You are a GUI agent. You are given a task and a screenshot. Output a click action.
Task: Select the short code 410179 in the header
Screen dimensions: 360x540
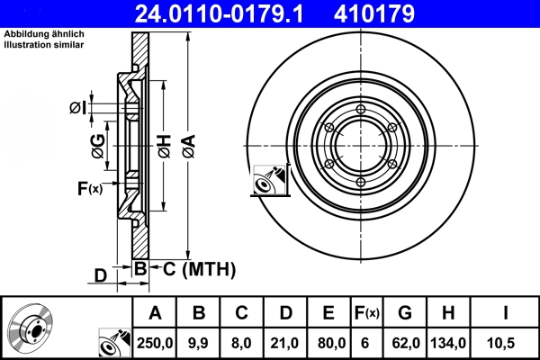tap(401, 13)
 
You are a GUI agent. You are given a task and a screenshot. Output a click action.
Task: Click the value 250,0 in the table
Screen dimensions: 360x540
tap(154, 342)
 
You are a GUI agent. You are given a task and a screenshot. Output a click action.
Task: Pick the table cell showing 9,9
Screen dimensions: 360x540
tap(199, 342)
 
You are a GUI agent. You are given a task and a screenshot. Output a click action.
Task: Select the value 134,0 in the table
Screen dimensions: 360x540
tap(448, 342)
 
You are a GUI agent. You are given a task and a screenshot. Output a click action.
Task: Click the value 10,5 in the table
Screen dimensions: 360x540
tap(505, 342)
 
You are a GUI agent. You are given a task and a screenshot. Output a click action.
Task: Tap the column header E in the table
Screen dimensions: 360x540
tap(328, 313)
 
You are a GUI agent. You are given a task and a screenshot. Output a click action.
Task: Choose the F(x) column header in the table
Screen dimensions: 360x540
tap(365, 313)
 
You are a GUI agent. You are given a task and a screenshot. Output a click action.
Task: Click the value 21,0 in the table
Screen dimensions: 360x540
tap(284, 342)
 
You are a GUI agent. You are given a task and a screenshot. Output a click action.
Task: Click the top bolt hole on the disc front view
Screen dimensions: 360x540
tap(360, 111)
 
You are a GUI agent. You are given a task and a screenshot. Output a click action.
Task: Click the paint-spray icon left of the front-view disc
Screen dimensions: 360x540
tap(268, 179)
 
